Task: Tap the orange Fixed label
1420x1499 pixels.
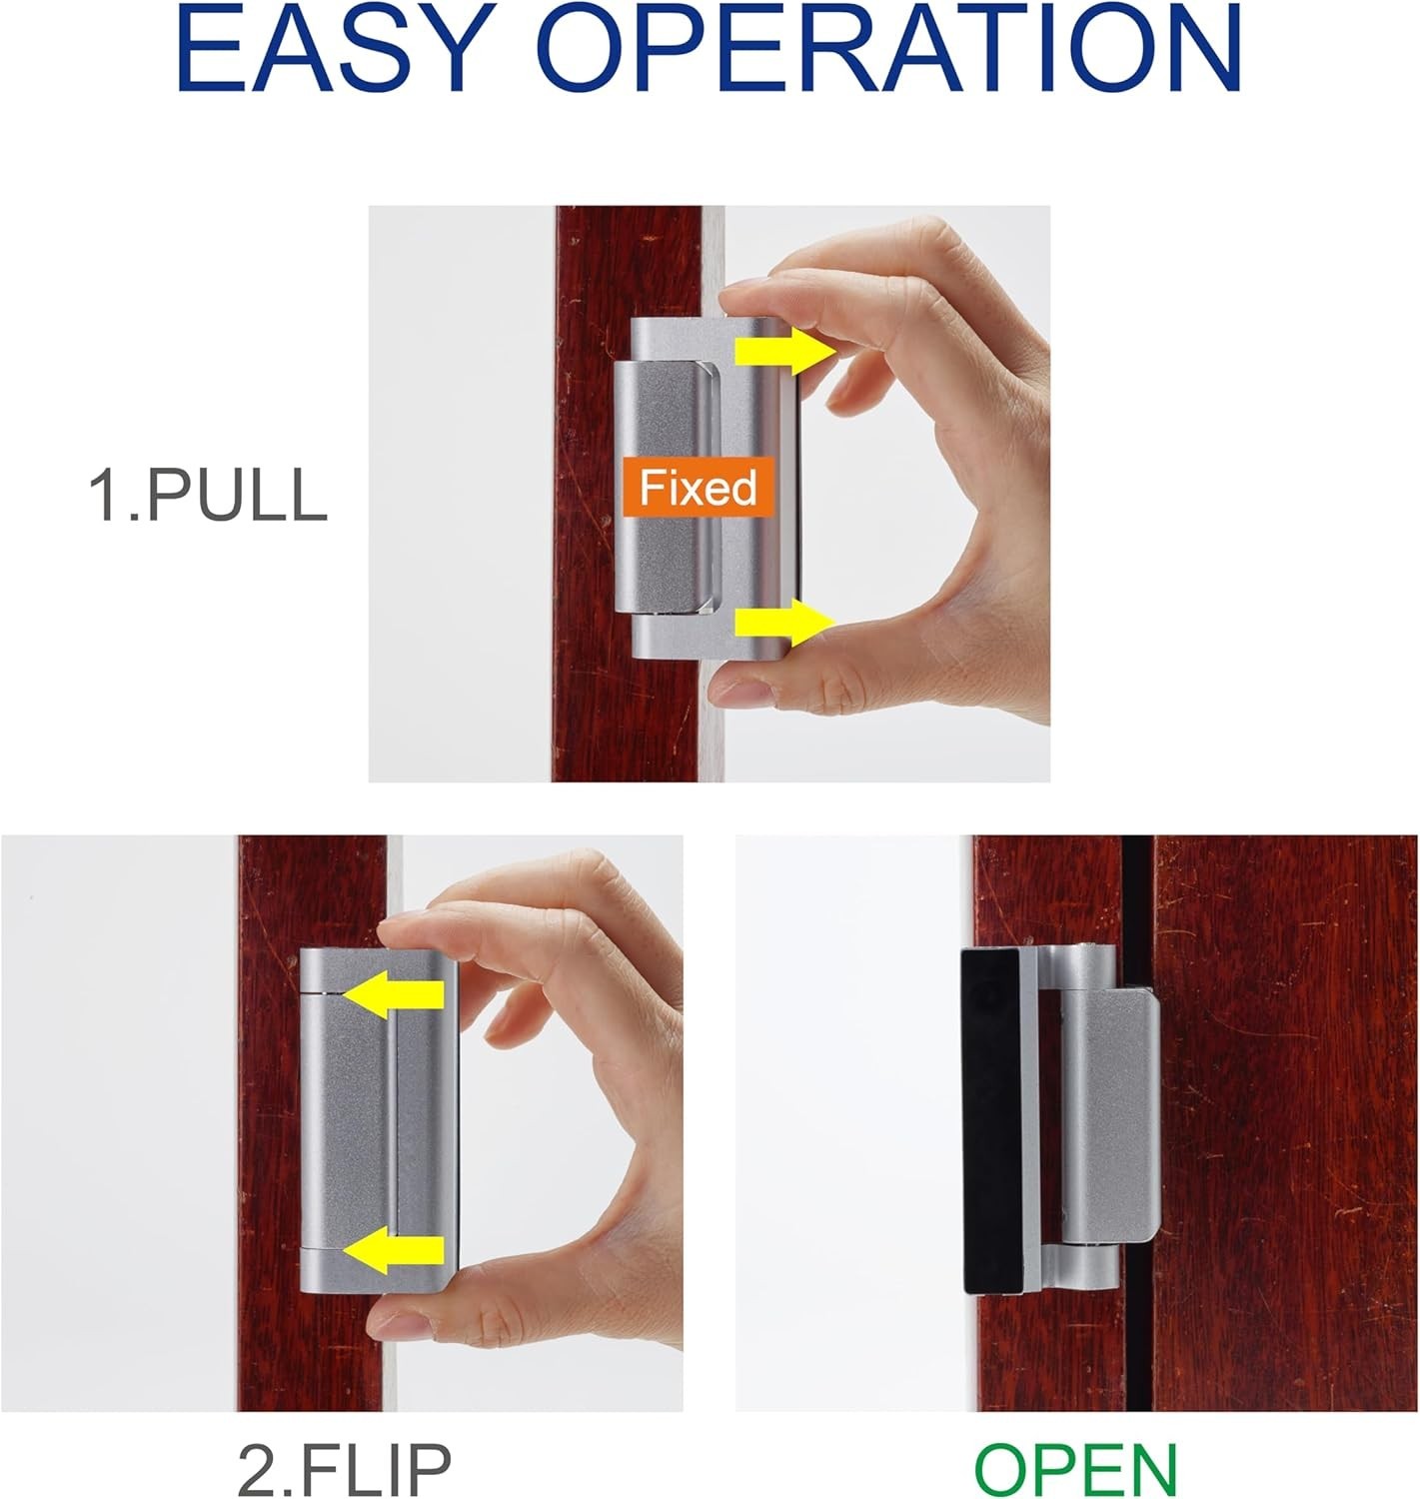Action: [x=698, y=488]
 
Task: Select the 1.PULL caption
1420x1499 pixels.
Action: [x=208, y=495]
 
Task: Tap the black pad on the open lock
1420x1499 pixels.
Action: [x=991, y=1120]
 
